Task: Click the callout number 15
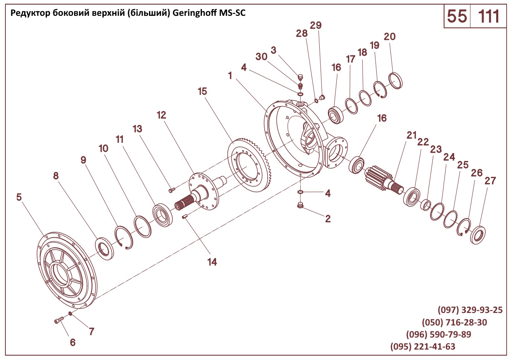pyautogui.click(x=203, y=91)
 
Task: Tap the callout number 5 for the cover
pyautogui.click(x=19, y=197)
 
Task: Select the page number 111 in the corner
pyautogui.click(x=489, y=16)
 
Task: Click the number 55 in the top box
pyautogui.click(x=457, y=16)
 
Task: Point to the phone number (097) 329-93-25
pyautogui.click(x=470, y=310)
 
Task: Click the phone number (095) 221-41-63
pyautogui.click(x=423, y=347)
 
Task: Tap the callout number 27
pyautogui.click(x=490, y=181)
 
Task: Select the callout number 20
pyautogui.click(x=390, y=37)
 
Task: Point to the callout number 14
pyautogui.click(x=212, y=262)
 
